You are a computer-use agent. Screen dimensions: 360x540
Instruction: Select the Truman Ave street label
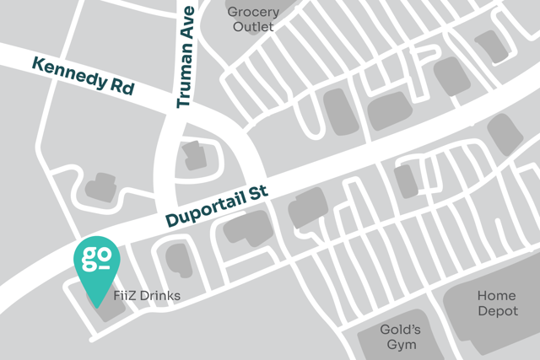pyautogui.click(x=186, y=57)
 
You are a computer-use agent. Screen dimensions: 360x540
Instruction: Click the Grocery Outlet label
pyautogui.click(x=254, y=19)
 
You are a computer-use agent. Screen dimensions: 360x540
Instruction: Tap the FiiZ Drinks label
pyautogui.click(x=147, y=297)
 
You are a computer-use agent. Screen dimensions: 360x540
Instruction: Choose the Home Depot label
pyautogui.click(x=496, y=304)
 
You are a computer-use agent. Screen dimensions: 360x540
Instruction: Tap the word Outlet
pyautogui.click(x=254, y=26)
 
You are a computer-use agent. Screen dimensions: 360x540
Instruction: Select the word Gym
pyautogui.click(x=400, y=344)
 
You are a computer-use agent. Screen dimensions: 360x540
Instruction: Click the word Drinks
pyautogui.click(x=159, y=297)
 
